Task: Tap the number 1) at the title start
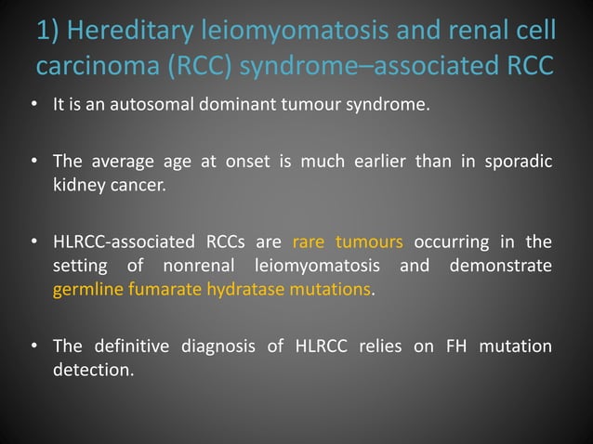point(49,32)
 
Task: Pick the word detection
point(93,369)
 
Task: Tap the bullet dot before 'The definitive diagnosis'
point(33,347)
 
